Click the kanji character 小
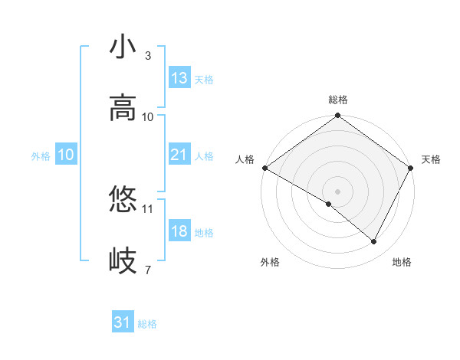(123, 47)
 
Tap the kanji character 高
(123, 108)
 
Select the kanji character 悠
(123, 200)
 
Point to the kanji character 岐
(123, 260)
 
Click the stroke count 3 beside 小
(147, 56)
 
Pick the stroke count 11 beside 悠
(148, 208)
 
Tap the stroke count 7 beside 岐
(147, 269)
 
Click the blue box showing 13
(179, 78)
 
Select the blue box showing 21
(179, 155)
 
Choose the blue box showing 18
(179, 231)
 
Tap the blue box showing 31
(123, 322)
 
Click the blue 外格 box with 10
(66, 155)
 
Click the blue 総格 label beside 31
(147, 323)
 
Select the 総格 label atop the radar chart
(338, 100)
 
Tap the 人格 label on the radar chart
(245, 159)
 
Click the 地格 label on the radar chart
(402, 262)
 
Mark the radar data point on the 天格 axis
(411, 168)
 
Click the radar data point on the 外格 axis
(329, 204)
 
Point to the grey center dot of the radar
(338, 191)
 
